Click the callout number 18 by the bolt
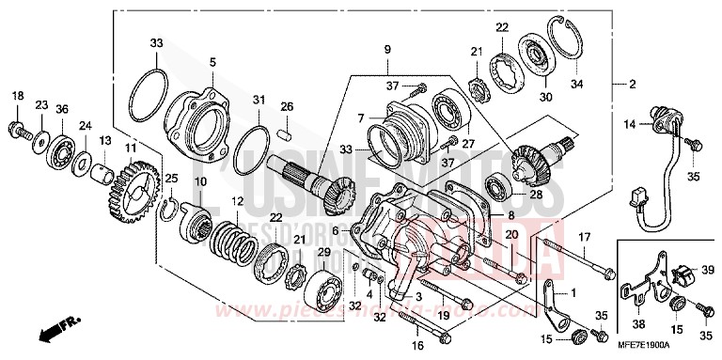[x=16, y=97]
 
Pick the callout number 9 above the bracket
[x=385, y=48]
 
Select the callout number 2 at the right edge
[x=632, y=85]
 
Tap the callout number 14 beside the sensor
[x=629, y=123]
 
